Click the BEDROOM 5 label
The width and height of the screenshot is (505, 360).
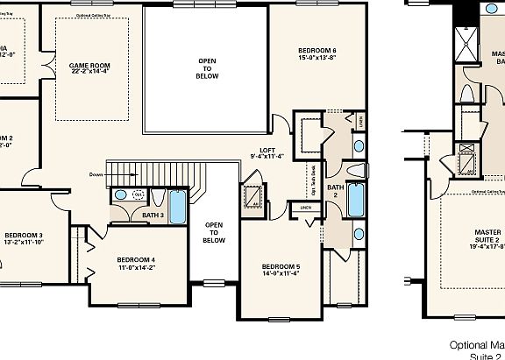pyautogui.click(x=280, y=265)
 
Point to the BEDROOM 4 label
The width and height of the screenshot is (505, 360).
pyautogui.click(x=136, y=260)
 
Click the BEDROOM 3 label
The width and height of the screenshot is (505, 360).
pyautogui.click(x=23, y=235)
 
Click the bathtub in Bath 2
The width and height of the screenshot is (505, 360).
pyautogui.click(x=356, y=200)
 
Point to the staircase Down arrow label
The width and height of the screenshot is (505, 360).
pyautogui.click(x=97, y=174)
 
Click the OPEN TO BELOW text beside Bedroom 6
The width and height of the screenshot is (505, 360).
pyautogui.click(x=207, y=68)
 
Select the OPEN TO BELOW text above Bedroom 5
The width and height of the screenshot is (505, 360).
pyautogui.click(x=214, y=232)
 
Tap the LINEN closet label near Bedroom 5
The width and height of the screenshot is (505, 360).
pyautogui.click(x=305, y=208)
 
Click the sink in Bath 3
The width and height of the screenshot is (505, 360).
pyautogui.click(x=121, y=195)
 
